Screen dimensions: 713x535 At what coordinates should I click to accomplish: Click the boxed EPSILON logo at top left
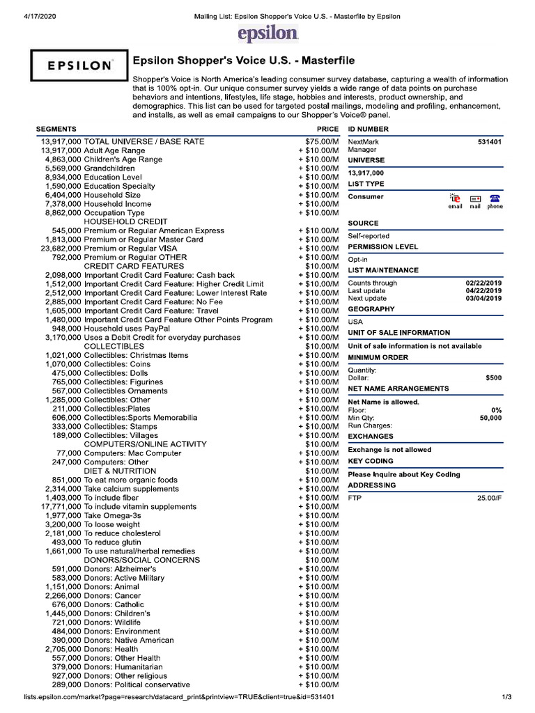pos(79,66)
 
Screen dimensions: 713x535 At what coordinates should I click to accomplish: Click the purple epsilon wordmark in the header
pos(267,33)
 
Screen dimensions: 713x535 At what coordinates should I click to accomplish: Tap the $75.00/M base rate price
pos(317,141)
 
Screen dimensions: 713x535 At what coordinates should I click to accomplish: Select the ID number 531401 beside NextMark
pos(489,141)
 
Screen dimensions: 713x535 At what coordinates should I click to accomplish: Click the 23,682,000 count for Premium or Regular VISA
pos(61,249)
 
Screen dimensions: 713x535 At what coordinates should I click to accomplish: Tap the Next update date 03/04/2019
pos(483,299)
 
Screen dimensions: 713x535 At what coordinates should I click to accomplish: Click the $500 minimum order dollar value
pos(493,378)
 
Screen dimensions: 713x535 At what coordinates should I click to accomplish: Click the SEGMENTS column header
pos(56,130)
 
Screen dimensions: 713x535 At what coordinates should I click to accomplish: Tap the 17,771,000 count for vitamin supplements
pos(61,507)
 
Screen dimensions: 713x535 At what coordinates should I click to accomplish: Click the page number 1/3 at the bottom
pos(506,697)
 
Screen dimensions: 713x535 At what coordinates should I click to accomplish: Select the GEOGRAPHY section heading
pos(371,309)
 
